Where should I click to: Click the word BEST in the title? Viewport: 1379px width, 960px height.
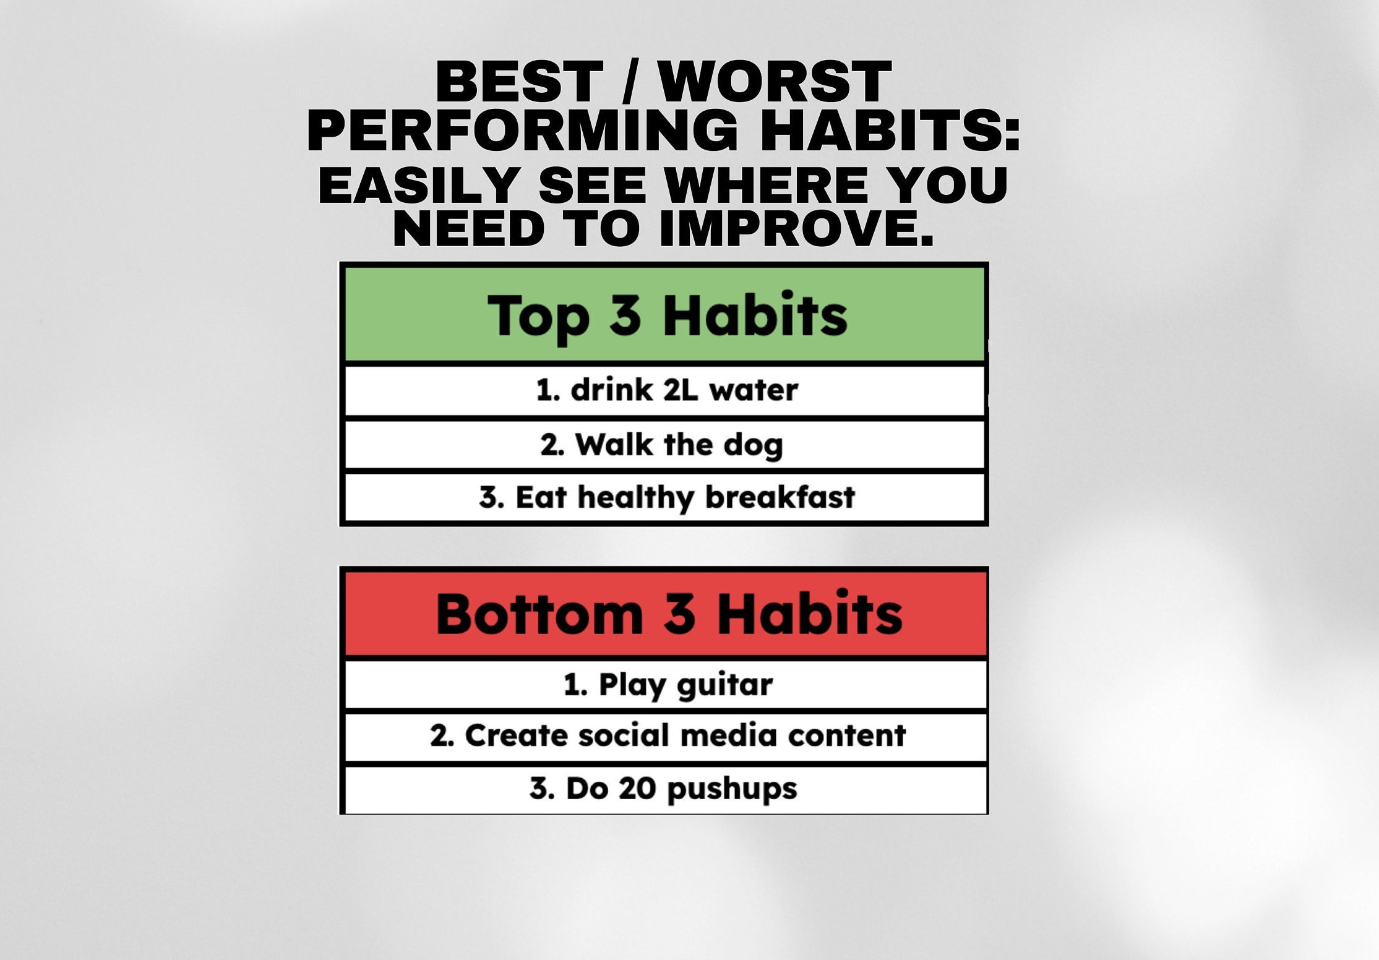(x=518, y=82)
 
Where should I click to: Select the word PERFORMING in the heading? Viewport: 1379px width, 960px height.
(x=522, y=130)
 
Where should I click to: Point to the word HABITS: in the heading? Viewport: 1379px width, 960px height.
(x=889, y=130)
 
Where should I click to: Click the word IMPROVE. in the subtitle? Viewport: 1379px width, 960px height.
(x=797, y=229)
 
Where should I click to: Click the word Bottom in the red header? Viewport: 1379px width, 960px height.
(x=539, y=614)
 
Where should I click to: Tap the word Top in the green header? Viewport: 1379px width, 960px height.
(x=538, y=317)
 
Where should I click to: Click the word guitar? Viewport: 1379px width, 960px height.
(x=724, y=685)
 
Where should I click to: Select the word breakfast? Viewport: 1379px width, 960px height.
(x=780, y=497)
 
